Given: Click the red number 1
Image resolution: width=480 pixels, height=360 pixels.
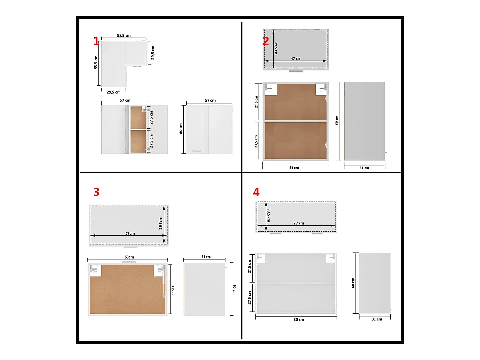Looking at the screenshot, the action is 97,41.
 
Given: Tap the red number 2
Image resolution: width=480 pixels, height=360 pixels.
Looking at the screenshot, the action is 266,41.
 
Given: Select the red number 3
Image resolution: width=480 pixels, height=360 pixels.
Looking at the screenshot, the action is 97,192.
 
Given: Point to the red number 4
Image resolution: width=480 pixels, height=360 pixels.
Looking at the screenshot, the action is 256,192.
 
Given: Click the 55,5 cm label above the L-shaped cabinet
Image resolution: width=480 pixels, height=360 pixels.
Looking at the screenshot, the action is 124,35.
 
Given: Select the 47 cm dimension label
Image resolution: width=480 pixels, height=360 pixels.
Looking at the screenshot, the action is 296,58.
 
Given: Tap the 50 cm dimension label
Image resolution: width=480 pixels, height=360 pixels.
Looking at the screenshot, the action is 294,168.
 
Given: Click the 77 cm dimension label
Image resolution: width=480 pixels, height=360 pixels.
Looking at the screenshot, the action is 299,223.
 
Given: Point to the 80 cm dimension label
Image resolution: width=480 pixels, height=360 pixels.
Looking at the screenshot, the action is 299,319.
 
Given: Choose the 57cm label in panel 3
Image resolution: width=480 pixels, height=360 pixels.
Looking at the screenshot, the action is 130,233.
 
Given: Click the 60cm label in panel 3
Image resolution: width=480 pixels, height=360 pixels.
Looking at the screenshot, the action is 129,257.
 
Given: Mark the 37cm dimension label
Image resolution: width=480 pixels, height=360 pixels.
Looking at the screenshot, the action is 172,290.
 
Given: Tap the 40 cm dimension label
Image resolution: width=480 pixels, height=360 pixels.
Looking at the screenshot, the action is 234,289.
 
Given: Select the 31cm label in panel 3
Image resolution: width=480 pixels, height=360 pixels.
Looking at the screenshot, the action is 206,257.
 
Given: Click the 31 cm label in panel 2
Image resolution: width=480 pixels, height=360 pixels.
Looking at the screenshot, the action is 364,168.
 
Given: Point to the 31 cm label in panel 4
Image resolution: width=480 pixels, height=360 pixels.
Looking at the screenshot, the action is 376,319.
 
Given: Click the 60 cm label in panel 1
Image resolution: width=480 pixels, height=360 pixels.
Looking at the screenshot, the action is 181,128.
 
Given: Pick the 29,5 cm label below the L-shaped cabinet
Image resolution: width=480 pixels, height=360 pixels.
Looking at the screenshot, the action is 113,92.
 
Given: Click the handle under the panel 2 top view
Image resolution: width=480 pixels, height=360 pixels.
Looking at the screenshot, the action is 296,71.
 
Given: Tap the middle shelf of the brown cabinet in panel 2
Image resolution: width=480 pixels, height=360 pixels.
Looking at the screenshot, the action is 296,121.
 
